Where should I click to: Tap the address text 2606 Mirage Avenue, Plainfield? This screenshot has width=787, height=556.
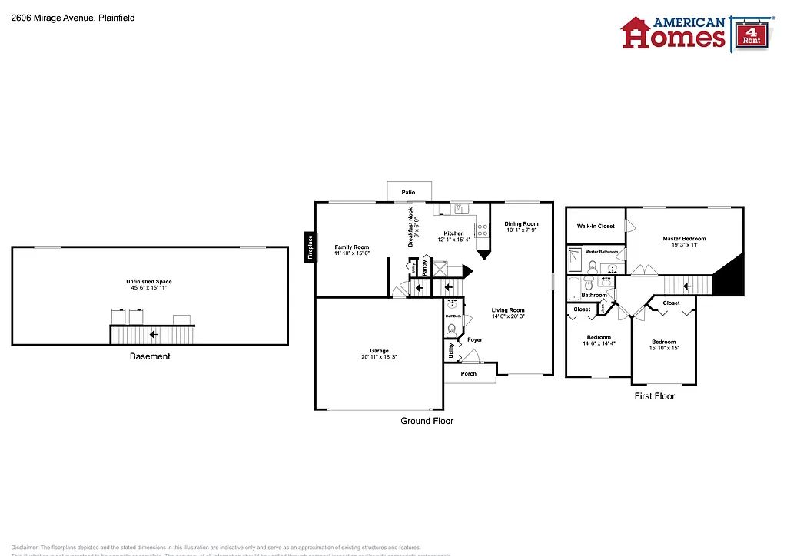tap(73, 17)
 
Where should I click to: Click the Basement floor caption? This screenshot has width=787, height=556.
tap(149, 356)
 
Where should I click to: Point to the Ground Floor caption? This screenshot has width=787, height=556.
tap(427, 421)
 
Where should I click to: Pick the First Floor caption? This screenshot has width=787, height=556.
tap(654, 396)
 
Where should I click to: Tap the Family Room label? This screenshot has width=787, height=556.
tap(351, 250)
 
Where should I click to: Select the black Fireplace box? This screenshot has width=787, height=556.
tap(310, 247)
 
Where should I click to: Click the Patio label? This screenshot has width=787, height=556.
tap(408, 192)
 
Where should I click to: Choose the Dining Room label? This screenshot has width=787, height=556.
tap(521, 227)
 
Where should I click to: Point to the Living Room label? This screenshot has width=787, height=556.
tap(508, 313)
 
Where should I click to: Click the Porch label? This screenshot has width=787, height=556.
tap(468, 374)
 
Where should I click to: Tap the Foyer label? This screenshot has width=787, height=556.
tap(474, 339)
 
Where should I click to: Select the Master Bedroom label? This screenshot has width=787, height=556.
tap(683, 242)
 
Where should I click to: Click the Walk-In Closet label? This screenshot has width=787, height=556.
tap(596, 227)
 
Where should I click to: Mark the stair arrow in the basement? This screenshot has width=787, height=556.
tap(154, 335)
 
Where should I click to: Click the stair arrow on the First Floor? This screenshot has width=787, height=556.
tap(686, 286)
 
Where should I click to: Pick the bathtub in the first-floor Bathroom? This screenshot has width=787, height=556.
tap(573, 290)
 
